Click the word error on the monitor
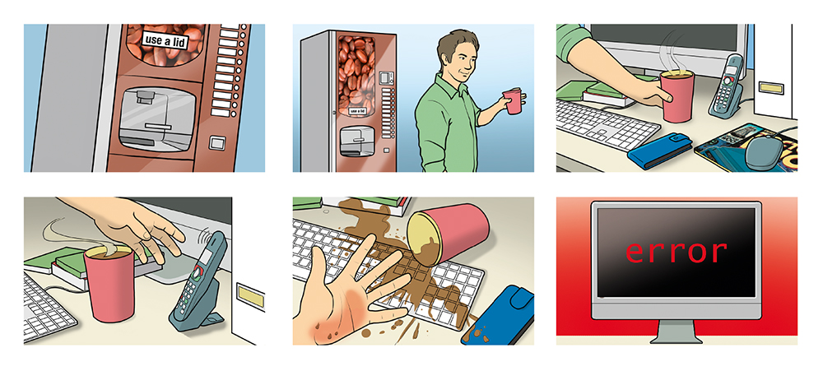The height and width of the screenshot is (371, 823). (x=676, y=252)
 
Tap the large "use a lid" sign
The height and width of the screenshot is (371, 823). (x=165, y=40)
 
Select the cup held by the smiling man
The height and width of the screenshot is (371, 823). (x=512, y=100)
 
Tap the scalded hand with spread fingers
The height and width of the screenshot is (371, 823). (x=350, y=294)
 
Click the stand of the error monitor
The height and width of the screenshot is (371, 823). (x=676, y=332)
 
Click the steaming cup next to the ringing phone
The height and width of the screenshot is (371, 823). (x=109, y=282)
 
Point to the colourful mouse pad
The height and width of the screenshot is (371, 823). (x=746, y=146)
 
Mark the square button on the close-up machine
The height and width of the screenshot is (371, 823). (x=216, y=143)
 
